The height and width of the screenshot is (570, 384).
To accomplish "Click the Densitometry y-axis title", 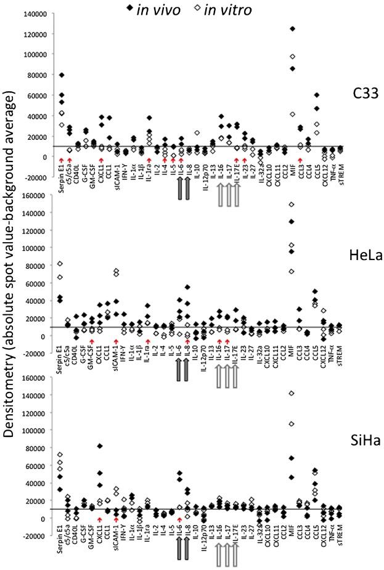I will (x=12, y=283).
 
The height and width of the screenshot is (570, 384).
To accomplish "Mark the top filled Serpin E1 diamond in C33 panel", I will (x=62, y=75).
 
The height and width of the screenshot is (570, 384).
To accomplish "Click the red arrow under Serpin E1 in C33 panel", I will (x=62, y=161).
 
